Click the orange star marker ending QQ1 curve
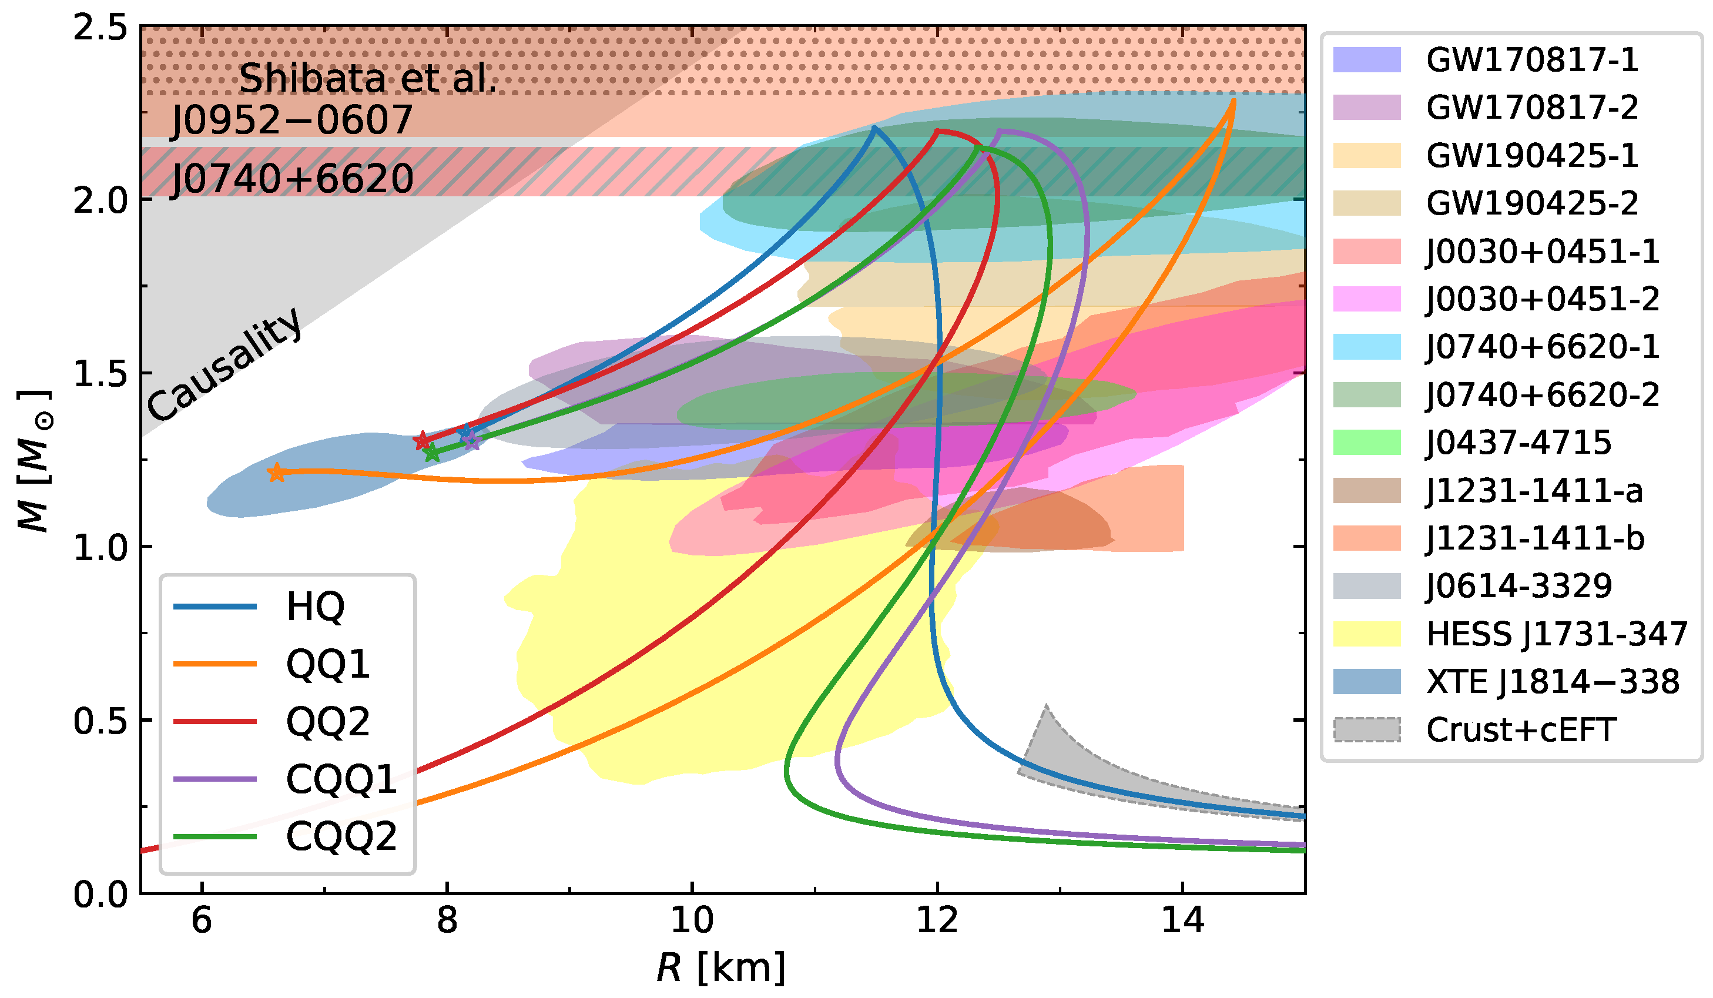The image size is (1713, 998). (276, 473)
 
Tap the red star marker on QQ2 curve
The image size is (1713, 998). (422, 441)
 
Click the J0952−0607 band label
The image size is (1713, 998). (291, 120)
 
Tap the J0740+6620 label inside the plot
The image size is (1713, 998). (291, 179)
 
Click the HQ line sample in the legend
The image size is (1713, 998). (215, 607)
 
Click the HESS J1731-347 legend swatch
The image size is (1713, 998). (1366, 634)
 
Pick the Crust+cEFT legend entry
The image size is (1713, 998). (1520, 730)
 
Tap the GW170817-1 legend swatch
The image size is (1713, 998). (1366, 60)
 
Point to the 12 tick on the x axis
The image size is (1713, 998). (937, 920)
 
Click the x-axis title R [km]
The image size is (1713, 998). (721, 967)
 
